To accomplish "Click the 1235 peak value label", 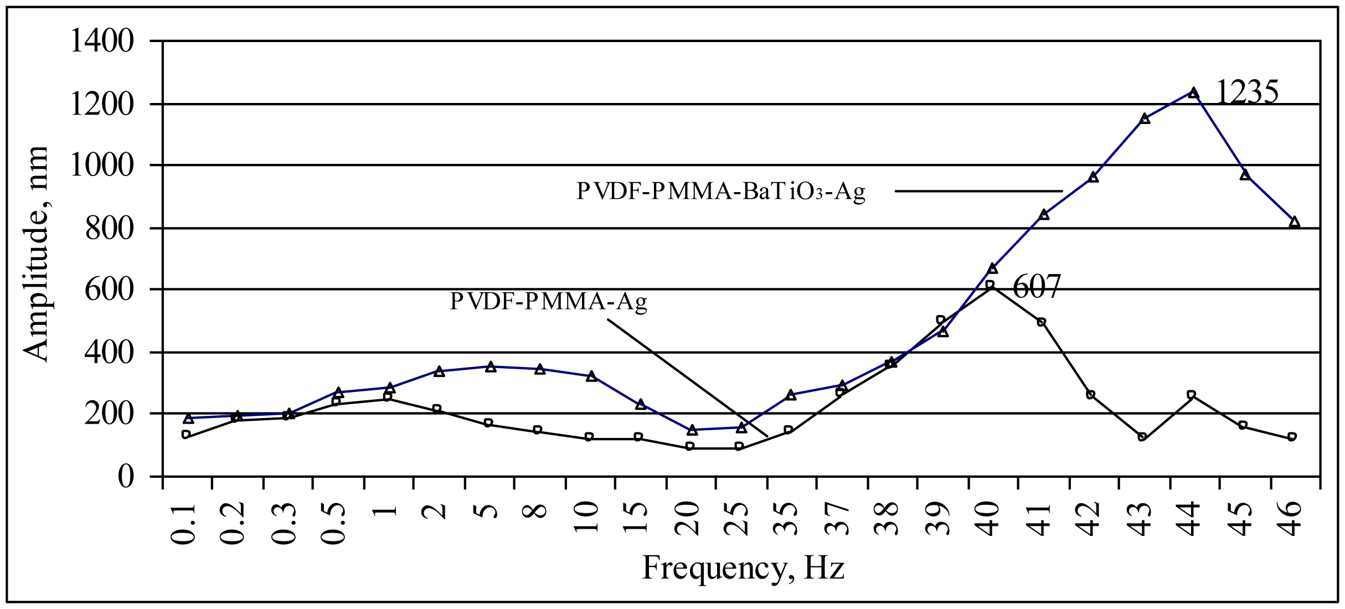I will tap(1246, 92).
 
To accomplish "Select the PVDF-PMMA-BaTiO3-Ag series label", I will tap(721, 192).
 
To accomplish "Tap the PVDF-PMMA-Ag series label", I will tap(548, 302).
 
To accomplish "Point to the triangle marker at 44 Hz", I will tap(1194, 92).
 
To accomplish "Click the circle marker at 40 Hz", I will tap(990, 286).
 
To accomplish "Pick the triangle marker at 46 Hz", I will tap(1294, 222).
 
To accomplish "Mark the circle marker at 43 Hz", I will tap(1142, 437).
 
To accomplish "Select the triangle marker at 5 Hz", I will tap(491, 367).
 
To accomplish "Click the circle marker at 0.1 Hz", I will tap(186, 435).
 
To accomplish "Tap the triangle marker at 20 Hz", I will tap(692, 430).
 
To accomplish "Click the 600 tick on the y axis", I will tap(109, 290).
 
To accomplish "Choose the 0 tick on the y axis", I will tap(126, 476).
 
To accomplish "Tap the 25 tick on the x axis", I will tap(741, 518).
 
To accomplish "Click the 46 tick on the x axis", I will tap(1295, 518).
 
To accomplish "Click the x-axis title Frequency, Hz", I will tap(743, 569).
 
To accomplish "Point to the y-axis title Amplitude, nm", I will tap(37, 254).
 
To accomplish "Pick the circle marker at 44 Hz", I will tap(1192, 395).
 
